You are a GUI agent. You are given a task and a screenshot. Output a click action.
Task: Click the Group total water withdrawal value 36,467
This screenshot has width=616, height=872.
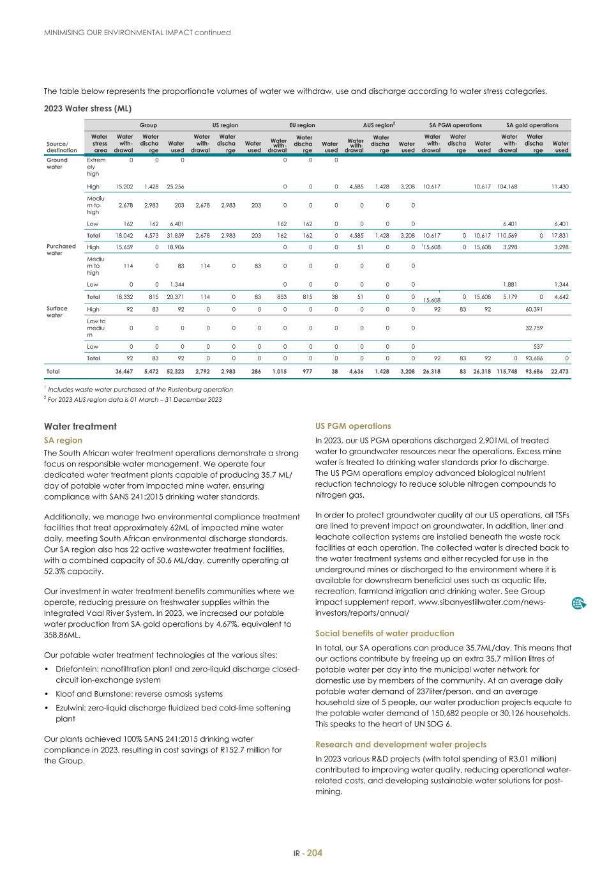pos(124,371)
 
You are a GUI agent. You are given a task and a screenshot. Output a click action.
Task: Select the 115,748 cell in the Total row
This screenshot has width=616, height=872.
pos(507,371)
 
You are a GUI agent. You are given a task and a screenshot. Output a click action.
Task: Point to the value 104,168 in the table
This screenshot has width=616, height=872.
pos(507,187)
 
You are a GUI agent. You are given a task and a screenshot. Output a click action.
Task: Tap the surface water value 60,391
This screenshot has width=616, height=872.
pos(534,309)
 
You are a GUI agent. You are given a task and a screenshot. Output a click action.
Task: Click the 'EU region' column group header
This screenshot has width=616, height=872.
pos(302,125)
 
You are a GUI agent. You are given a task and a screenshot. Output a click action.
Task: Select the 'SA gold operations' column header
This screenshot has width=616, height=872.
pos(532,125)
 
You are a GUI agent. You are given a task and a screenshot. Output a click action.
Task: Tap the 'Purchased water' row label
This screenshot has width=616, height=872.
pos(61,249)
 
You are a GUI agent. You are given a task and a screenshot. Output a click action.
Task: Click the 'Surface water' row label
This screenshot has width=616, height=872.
pos(56,312)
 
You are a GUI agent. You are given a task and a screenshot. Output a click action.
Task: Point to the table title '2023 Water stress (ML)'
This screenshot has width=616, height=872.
pos(87,109)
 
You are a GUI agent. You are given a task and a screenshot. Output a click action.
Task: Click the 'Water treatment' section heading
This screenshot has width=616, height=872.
pos(80,426)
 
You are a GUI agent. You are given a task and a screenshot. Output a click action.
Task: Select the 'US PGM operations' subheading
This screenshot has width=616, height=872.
pos(353,426)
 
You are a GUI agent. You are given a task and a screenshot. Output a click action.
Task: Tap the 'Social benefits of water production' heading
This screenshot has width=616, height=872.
pos(384,633)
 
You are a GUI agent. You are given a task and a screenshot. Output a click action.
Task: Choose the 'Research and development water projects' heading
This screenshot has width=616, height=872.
pos(400,744)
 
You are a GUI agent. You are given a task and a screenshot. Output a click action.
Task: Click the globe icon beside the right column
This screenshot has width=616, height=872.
pos(579,603)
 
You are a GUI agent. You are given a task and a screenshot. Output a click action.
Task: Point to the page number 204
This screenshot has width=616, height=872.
pos(315,853)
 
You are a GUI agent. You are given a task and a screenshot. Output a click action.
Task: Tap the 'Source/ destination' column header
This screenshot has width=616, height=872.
pos(61,147)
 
